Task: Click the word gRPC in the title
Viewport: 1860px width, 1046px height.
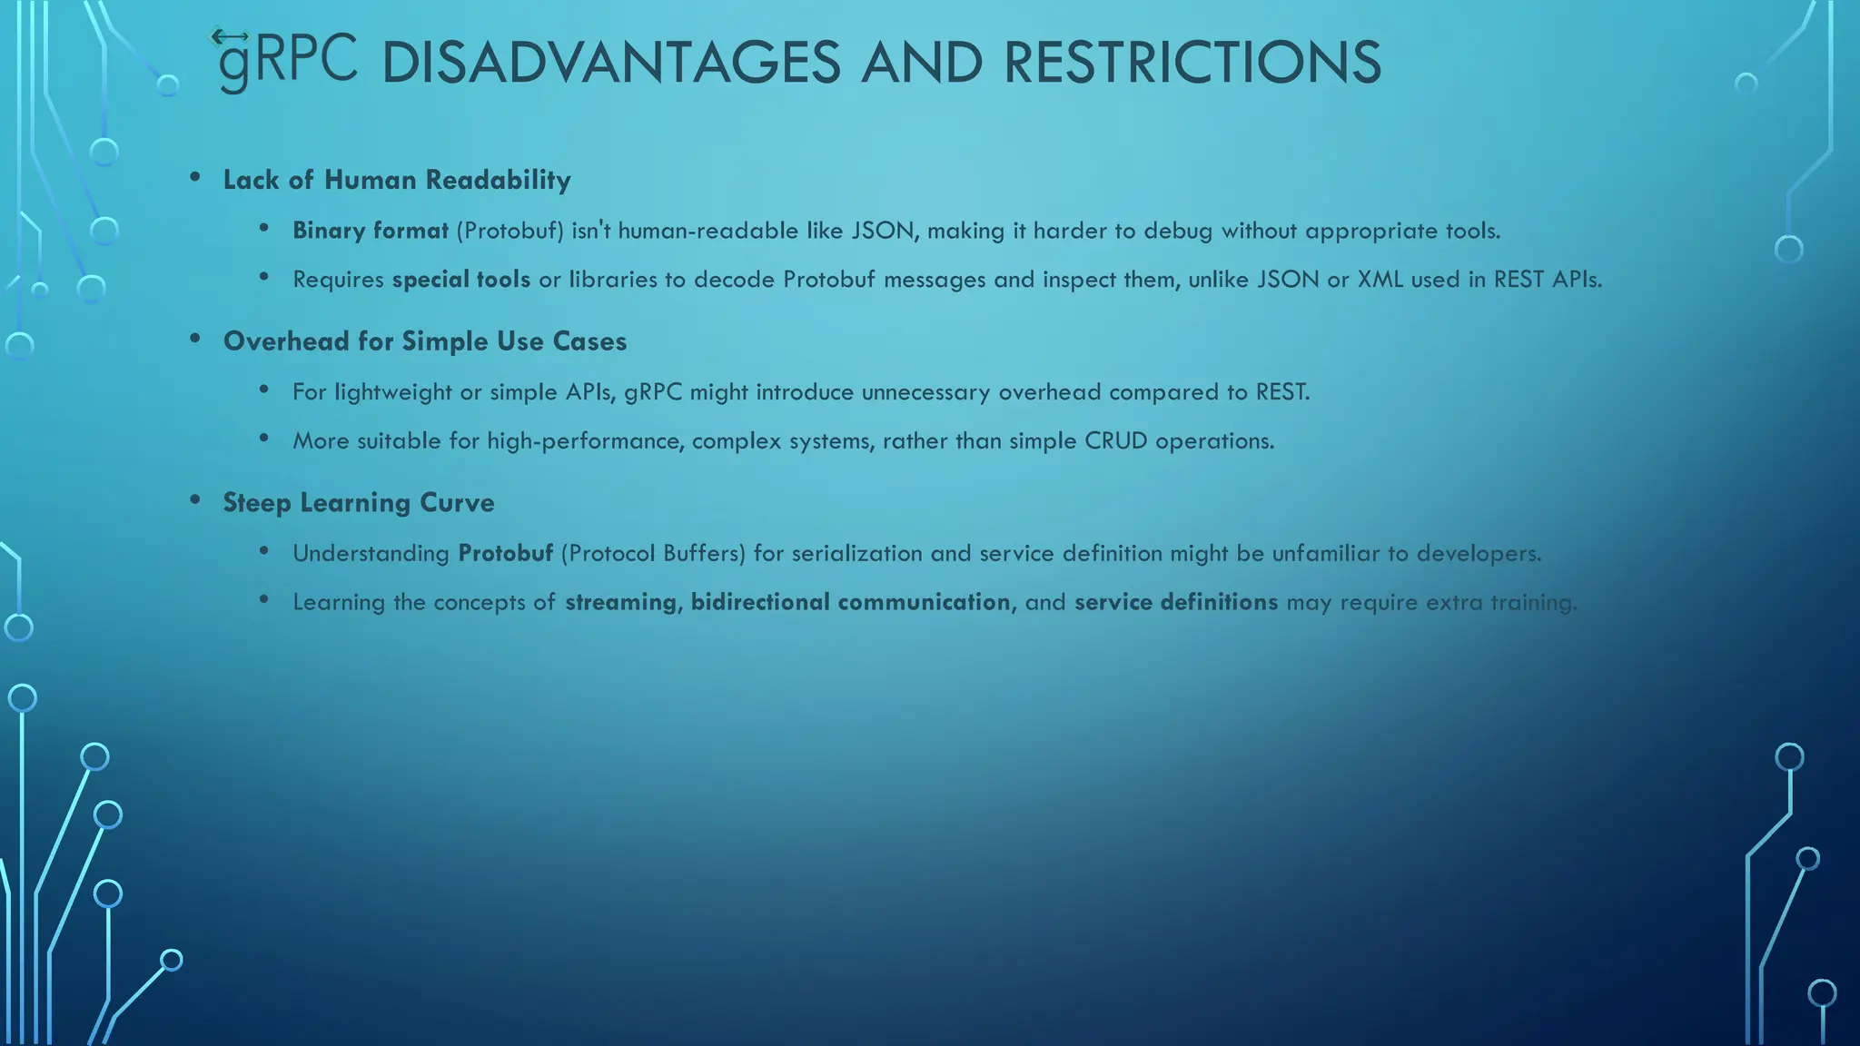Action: [288, 62]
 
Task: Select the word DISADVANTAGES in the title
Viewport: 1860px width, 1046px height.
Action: [610, 64]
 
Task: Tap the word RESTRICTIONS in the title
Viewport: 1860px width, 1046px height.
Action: [1192, 64]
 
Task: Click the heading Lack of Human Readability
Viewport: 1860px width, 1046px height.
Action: [397, 180]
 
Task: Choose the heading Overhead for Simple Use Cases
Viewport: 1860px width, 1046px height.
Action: [425, 341]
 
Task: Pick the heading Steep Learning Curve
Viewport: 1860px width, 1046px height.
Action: [359, 503]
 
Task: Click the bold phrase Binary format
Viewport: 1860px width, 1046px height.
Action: [371, 231]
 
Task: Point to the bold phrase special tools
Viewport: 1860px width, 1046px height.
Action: [461, 279]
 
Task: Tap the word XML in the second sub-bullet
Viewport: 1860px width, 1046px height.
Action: [1380, 279]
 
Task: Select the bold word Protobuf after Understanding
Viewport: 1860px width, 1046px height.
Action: [505, 553]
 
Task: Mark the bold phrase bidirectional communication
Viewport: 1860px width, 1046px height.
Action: [850, 602]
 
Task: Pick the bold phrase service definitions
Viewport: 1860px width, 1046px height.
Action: [1176, 602]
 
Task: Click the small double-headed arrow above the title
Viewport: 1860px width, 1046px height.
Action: [229, 36]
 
